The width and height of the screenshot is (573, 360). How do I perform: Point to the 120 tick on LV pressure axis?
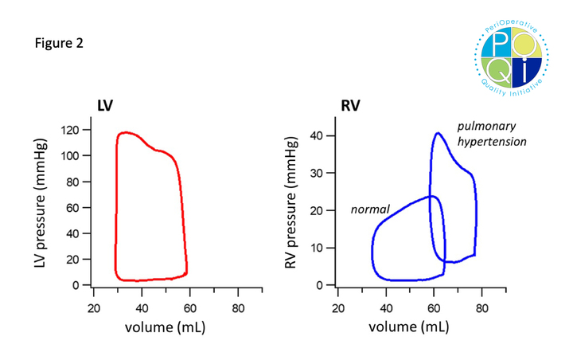click(x=76, y=129)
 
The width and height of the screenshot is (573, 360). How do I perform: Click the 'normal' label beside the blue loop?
click(x=370, y=209)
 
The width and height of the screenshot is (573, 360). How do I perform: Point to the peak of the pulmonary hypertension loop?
click(x=438, y=133)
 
